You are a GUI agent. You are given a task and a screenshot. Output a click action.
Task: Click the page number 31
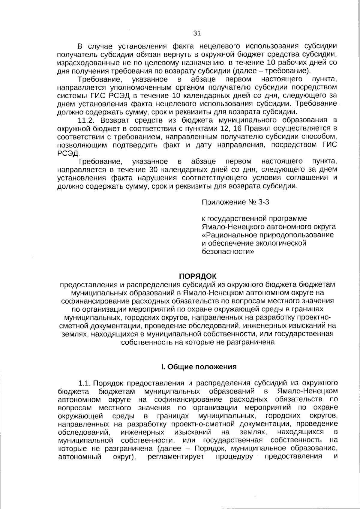[x=197, y=33]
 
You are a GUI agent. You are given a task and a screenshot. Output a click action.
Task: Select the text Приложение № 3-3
[x=235, y=202]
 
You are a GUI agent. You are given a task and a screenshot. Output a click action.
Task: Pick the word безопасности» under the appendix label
[x=228, y=251]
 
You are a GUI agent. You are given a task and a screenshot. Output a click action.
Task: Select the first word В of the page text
[x=80, y=46]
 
